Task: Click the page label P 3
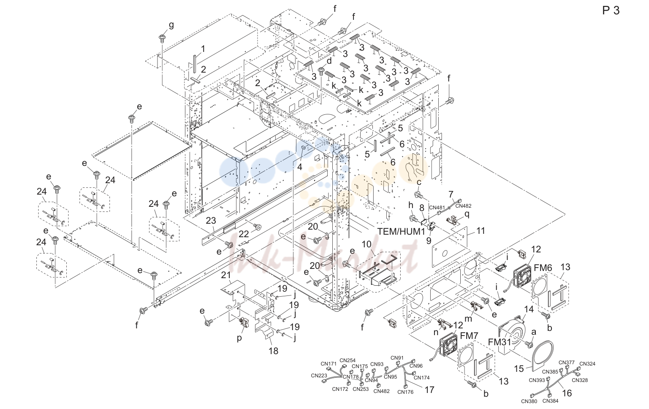coord(611,11)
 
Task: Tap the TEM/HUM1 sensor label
coord(401,231)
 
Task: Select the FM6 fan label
coord(543,268)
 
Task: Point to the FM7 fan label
coord(469,336)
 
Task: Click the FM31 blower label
coord(500,342)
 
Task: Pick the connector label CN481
coord(437,208)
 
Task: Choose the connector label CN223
coord(319,376)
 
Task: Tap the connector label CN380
coord(529,401)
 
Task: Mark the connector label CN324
coord(587,364)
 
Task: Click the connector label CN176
coord(405,392)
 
